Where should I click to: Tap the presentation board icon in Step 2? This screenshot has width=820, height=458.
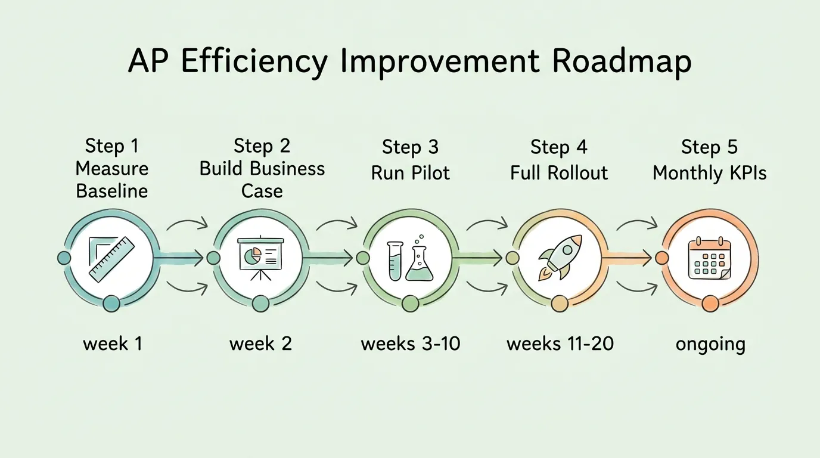[260, 258]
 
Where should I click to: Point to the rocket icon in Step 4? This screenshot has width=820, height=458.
[558, 257]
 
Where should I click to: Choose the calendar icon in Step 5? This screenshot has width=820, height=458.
[709, 258]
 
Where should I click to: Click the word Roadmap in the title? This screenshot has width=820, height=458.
[621, 61]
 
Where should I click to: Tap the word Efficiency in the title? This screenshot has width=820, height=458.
[253, 61]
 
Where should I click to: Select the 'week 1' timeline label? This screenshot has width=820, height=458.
[113, 343]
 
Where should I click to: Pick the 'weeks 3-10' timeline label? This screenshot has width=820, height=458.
[411, 343]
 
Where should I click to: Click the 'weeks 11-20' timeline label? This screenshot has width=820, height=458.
[560, 343]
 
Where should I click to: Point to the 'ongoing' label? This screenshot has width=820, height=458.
[710, 345]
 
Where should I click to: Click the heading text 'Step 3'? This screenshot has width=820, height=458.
[411, 147]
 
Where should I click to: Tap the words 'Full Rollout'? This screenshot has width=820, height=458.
[560, 173]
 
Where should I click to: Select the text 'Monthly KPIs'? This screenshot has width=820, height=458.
[709, 173]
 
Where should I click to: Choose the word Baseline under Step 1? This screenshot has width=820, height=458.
[112, 191]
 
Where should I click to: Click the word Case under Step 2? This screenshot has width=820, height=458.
[262, 191]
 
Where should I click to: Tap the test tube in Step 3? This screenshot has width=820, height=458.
[395, 261]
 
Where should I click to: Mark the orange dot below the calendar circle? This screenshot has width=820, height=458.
[710, 304]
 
